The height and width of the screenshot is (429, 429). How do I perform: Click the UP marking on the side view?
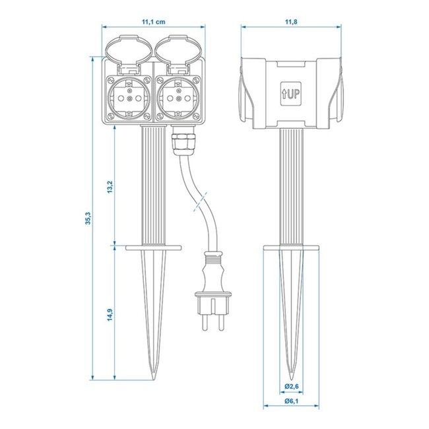[x=290, y=94]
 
